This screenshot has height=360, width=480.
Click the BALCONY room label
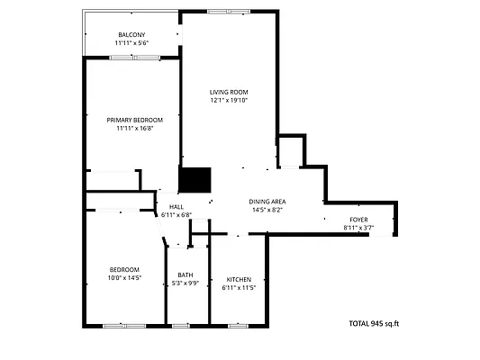[131, 35]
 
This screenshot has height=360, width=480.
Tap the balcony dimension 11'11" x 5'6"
[131, 43]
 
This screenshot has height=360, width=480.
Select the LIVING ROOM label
[229, 92]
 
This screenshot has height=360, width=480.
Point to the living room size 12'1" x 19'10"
[229, 101]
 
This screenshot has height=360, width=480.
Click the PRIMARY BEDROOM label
[134, 120]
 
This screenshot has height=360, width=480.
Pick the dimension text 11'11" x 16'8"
[134, 129]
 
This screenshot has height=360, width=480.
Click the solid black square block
[194, 180]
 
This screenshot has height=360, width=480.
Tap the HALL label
[176, 207]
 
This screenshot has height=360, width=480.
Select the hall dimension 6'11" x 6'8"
[176, 215]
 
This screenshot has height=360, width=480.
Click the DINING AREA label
[267, 202]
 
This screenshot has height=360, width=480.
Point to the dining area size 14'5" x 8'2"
[267, 210]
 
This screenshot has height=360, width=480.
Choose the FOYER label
[358, 220]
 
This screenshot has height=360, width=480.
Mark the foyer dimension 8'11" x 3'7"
[358, 228]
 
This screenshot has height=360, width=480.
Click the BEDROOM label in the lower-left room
[124, 270]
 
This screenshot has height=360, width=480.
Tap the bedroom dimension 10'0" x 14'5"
[124, 278]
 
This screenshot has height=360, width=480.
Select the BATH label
[185, 275]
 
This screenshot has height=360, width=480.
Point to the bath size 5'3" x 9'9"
[185, 283]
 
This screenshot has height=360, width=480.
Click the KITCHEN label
[239, 279]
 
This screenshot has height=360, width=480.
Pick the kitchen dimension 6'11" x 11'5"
[239, 288]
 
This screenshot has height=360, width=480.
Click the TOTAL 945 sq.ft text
[373, 323]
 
